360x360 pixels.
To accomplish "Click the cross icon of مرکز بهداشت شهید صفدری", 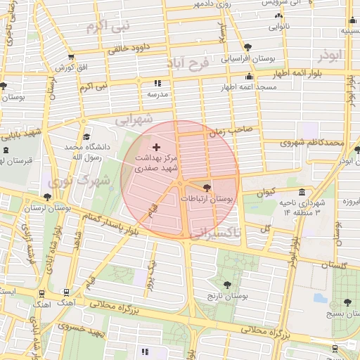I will tap(156, 146).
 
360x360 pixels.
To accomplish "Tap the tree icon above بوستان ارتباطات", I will tap(206, 188).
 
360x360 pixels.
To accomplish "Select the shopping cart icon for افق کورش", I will tap(70, 57).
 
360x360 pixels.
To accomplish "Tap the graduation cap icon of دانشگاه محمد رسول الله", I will tap(86, 137).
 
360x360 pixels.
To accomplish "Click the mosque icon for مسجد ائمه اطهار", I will tap(248, 77).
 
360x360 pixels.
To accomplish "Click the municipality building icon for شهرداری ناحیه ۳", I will tap(302, 192).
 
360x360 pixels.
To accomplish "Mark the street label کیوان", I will tap(265, 191).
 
